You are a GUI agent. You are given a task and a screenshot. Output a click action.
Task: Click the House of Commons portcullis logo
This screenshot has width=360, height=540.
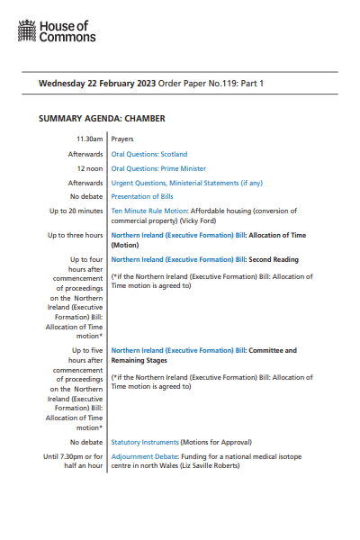(x=27, y=34)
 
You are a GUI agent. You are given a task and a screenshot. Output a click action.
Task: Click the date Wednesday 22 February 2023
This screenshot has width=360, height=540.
(x=97, y=84)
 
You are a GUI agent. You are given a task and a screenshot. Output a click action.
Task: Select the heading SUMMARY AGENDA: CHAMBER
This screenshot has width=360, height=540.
(x=102, y=118)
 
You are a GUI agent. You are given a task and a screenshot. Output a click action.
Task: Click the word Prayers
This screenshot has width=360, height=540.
(x=123, y=139)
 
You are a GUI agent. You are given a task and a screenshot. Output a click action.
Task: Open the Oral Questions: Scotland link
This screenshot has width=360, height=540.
(x=149, y=154)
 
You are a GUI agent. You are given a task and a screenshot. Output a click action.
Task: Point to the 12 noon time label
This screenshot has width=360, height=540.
(x=88, y=168)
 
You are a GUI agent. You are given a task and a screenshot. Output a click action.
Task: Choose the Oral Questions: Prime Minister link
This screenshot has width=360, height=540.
(x=158, y=168)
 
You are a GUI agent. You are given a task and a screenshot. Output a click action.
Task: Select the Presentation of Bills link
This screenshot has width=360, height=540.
(x=142, y=196)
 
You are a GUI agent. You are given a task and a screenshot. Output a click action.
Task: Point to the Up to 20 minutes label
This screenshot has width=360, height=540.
(x=76, y=211)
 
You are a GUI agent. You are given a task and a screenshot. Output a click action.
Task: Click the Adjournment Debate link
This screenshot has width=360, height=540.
(x=147, y=456)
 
